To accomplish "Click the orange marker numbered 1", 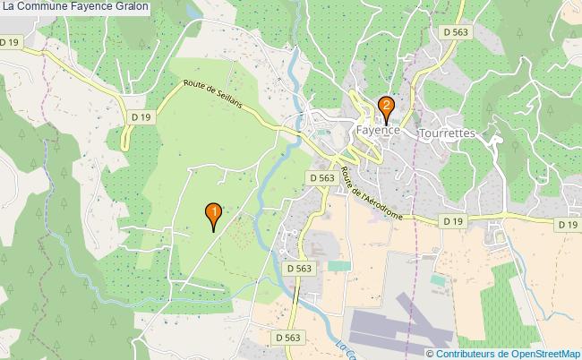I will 213,213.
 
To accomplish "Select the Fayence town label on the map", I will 377,131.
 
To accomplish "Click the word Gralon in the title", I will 132,7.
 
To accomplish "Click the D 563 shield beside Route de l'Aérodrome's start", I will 322,178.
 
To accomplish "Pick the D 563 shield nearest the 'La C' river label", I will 287,337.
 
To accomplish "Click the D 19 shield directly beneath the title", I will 11,42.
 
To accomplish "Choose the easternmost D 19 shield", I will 567,225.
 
